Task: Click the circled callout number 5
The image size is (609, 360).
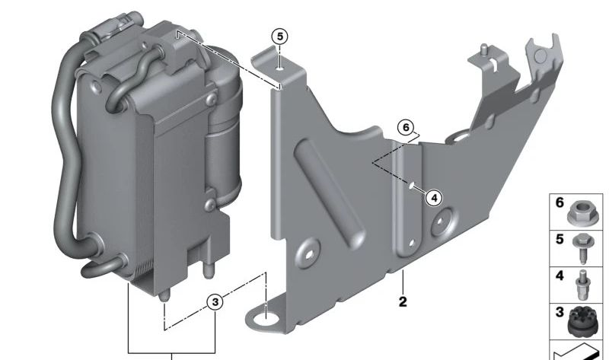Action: pyautogui.click(x=279, y=37)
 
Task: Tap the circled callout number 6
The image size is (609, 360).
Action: pyautogui.click(x=406, y=127)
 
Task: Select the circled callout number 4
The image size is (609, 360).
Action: pyautogui.click(x=434, y=198)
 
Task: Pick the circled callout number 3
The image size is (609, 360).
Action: pyautogui.click(x=215, y=301)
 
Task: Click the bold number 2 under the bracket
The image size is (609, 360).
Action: pyautogui.click(x=403, y=301)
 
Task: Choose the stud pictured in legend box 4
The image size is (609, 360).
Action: pyautogui.click(x=582, y=285)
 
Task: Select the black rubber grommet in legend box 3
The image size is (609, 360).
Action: pyautogui.click(x=582, y=320)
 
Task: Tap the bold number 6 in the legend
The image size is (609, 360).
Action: pyautogui.click(x=560, y=202)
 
